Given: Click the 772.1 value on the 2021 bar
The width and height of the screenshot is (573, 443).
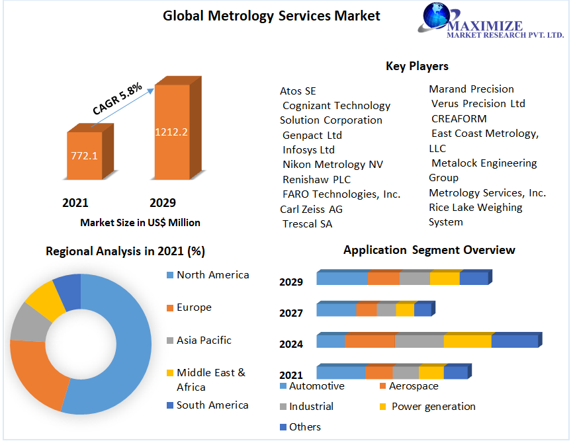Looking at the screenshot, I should [84, 156].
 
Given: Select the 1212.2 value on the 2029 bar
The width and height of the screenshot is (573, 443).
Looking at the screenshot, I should [171, 132].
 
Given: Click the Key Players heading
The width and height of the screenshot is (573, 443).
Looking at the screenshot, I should [417, 66].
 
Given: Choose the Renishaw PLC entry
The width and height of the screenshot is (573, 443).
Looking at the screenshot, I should [316, 179].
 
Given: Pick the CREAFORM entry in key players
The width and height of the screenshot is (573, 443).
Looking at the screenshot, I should [459, 119].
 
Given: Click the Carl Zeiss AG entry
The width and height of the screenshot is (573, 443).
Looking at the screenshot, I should [311, 209].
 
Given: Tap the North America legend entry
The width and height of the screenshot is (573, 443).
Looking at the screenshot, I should [212, 275].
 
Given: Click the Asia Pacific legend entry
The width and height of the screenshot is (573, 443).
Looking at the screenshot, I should [204, 341].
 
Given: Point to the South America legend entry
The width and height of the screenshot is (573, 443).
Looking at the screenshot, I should [212, 405].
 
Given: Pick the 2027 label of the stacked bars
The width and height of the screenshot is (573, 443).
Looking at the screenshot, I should [291, 313].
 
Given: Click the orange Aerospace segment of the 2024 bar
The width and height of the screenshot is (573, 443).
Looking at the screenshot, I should [370, 341].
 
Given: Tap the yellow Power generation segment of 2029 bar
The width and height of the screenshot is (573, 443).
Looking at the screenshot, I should [445, 278].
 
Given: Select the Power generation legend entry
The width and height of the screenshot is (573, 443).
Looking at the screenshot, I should [433, 407].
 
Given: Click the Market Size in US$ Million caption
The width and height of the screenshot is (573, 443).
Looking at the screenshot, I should [140, 223].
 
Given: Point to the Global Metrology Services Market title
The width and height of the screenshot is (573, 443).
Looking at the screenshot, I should [272, 16].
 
